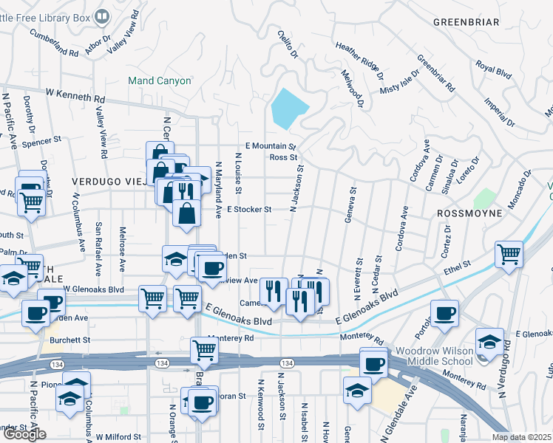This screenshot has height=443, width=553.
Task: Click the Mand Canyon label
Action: [159, 80]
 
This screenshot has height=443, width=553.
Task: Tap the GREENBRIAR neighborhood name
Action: [466, 22]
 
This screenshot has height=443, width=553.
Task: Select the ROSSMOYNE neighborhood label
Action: [469, 213]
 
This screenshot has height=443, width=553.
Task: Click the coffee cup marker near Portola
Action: [444, 313]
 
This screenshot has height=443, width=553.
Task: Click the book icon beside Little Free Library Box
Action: [102, 14]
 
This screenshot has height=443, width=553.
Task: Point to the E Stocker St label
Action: [249, 210]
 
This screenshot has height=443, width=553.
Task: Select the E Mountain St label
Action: [271, 146]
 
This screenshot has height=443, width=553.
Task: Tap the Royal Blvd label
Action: [495, 71]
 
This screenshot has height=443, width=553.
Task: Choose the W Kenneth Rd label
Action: [75, 95]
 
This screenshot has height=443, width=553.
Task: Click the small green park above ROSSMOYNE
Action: [484, 199]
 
